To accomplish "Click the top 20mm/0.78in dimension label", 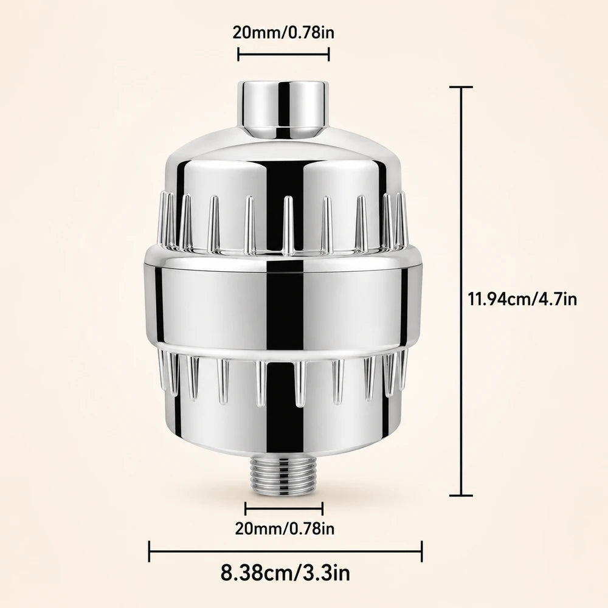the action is coord(283,33).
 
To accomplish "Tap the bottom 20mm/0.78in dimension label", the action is coord(285,528).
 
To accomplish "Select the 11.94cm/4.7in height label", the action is coord(522,299).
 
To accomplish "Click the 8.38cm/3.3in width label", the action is coord(285,573).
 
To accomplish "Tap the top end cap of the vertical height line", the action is coord(461,87).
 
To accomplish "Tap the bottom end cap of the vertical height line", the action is coord(461,495).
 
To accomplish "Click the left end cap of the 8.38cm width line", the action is coord(150,551).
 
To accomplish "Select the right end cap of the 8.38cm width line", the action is coord(421,551).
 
